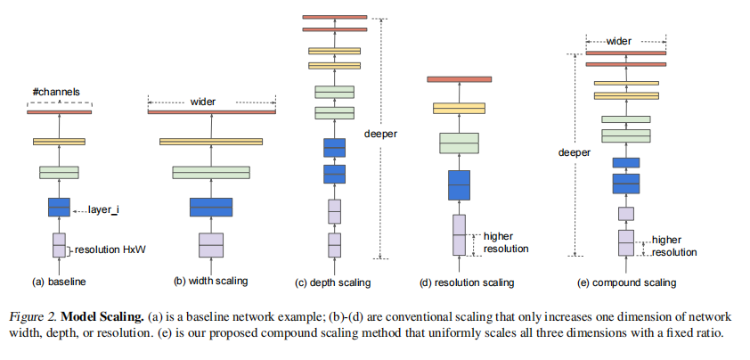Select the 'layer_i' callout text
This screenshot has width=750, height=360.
point(107,210)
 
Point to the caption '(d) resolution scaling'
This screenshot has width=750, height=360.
point(466,282)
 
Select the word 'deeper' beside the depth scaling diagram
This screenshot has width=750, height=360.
point(380,135)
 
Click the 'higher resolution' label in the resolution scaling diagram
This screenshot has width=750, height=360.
point(505,242)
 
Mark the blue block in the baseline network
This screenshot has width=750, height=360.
point(59,207)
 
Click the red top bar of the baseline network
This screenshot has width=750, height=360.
point(60,111)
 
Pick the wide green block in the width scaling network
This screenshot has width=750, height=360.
point(211,172)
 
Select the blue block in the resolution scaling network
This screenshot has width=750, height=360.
point(459,184)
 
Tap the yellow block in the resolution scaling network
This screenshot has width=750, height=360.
point(459,108)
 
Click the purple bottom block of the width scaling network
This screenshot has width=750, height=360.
point(211,244)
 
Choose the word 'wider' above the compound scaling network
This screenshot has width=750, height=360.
point(626,41)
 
